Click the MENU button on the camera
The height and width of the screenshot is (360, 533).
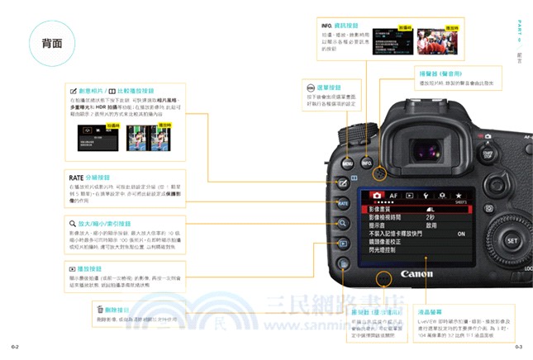tap(348, 163)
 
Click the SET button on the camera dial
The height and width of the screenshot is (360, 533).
tap(512, 241)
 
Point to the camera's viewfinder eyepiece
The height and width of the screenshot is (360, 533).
tap(426, 149)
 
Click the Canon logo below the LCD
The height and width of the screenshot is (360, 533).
tap(416, 272)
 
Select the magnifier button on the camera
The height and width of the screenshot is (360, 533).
tap(343, 223)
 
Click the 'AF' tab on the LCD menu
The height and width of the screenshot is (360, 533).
tap(393, 196)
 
